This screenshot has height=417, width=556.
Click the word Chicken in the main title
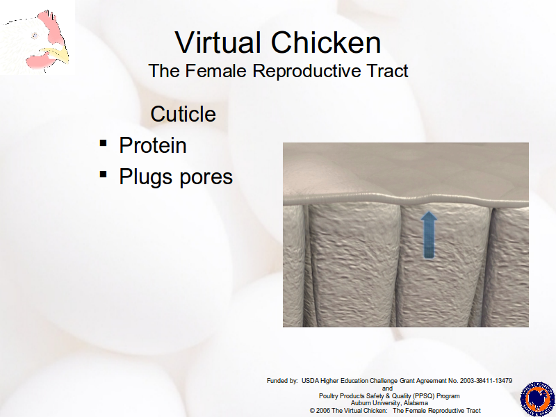pos(326,42)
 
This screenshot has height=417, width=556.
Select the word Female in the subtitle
pos(215,71)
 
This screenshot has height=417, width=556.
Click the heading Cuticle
pos(183,114)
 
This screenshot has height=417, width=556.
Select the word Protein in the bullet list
pos(153,145)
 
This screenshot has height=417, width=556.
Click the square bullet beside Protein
pos(103,143)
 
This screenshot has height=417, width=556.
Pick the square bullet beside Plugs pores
pos(103,174)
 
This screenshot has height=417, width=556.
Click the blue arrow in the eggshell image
pos(429,235)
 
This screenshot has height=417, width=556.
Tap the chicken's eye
pos(35,35)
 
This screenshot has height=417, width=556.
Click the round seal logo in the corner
pos(537,399)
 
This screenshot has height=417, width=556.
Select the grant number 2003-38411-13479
pos(486,381)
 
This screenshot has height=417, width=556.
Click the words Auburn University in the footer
pos(376,403)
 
